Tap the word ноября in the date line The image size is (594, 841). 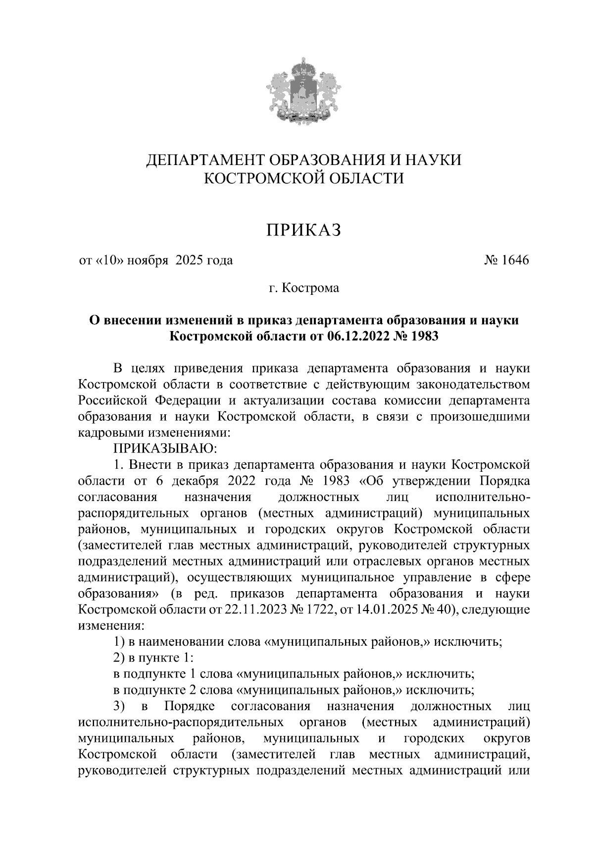coord(147,260)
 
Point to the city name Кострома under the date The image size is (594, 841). coord(310,288)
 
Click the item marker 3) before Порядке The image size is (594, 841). coord(120,706)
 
